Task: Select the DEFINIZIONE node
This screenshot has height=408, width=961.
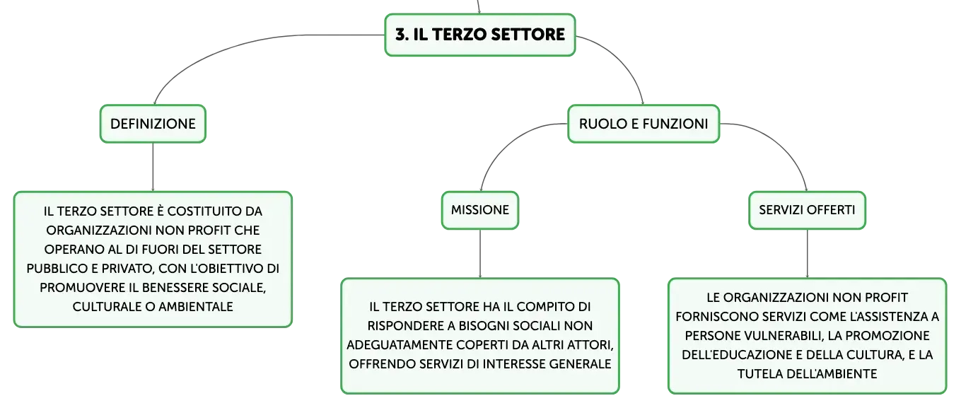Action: click(x=153, y=124)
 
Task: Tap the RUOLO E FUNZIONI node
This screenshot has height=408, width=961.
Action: click(x=643, y=124)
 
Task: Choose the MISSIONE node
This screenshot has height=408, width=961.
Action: click(x=480, y=210)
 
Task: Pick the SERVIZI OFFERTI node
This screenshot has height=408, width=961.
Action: click(x=807, y=210)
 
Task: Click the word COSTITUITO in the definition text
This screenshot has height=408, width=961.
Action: click(x=199, y=211)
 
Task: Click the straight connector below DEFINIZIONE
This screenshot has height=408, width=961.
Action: click(x=153, y=167)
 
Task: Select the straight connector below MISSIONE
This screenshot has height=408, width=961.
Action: click(x=480, y=254)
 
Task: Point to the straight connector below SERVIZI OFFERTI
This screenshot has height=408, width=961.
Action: click(x=807, y=254)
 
